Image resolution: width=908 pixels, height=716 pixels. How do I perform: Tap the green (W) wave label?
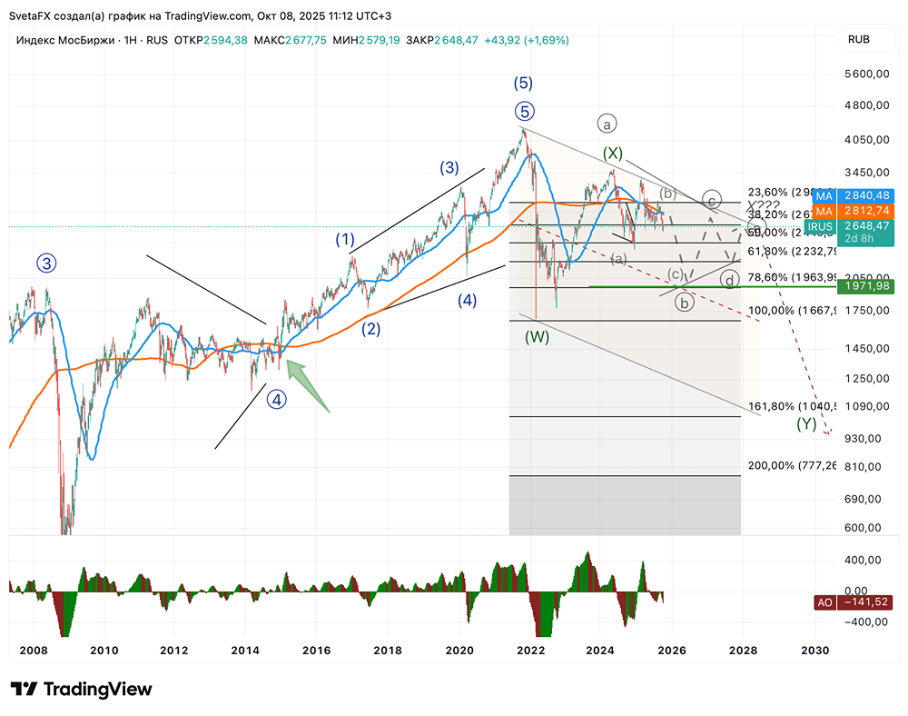point(538,337)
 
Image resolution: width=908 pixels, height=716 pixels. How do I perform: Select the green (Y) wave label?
point(805,423)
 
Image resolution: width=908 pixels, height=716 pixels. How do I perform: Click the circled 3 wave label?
point(46,264)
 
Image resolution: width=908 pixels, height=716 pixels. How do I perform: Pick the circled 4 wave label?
point(277,397)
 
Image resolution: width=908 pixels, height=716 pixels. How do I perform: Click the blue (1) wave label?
point(344,240)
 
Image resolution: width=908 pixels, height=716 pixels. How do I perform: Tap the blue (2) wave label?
point(370,329)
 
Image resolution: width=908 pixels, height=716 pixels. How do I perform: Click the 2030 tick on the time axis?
point(814,651)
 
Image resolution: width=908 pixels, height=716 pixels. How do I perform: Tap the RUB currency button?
point(858,39)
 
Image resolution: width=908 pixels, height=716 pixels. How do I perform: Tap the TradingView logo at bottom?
point(81,690)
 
